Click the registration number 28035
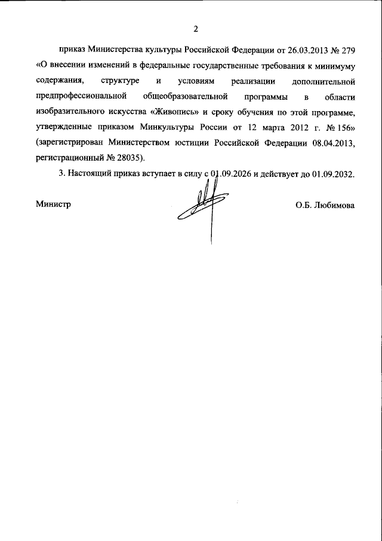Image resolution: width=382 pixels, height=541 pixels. click(127, 158)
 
